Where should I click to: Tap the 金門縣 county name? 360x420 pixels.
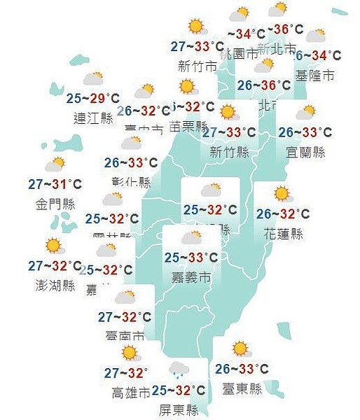click(55, 205)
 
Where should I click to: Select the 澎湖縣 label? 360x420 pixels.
click(55, 286)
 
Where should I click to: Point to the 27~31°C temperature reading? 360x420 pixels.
click(55, 185)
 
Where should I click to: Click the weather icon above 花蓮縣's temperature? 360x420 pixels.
click(282, 194)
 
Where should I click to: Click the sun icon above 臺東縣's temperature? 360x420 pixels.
click(240, 349)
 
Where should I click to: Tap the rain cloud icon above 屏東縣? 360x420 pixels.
click(179, 370)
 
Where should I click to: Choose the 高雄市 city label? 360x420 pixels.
click(130, 393)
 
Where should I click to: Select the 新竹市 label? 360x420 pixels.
click(195, 66)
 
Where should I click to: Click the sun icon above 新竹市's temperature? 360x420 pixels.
click(195, 27)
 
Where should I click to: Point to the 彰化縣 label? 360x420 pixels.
click(131, 183)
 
